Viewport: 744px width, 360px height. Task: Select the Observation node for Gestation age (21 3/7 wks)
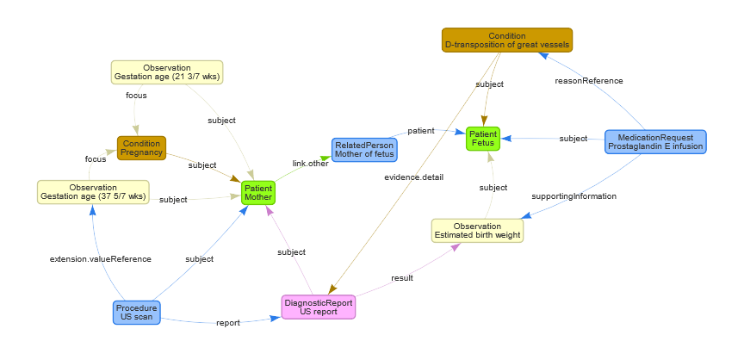click(x=167, y=72)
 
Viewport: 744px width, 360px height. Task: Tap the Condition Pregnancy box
click(x=141, y=147)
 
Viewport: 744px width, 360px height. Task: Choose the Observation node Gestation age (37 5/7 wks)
click(x=93, y=192)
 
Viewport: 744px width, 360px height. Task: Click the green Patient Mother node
click(x=258, y=192)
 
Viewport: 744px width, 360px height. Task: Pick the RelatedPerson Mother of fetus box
click(x=364, y=151)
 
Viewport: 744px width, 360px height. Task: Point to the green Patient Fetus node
click(x=482, y=138)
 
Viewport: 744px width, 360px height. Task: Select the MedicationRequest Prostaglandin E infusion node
click(x=655, y=142)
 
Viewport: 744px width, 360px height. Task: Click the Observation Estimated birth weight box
click(x=477, y=231)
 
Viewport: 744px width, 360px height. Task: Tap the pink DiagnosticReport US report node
click(x=319, y=307)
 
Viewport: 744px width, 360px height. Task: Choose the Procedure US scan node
click(x=137, y=312)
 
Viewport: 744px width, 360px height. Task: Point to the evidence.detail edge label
click(x=414, y=177)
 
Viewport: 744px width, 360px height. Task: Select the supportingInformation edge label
click(x=574, y=196)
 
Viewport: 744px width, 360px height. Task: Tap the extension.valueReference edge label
click(x=101, y=258)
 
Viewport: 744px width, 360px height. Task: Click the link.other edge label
click(x=310, y=164)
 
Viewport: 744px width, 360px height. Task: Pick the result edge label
click(x=402, y=278)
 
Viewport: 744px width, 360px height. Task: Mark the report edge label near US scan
click(x=227, y=323)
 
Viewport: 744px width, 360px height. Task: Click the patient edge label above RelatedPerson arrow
click(x=420, y=130)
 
